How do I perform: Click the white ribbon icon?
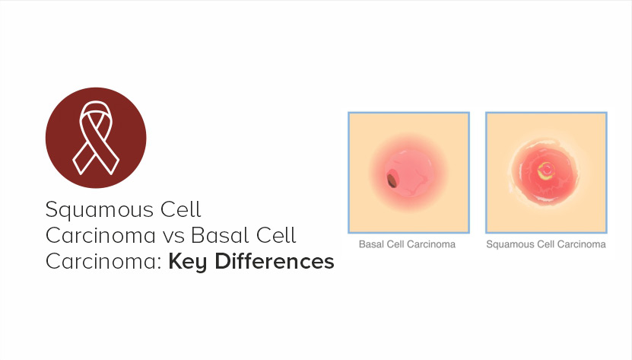click(x=96, y=137)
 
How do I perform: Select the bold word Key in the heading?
click(x=188, y=262)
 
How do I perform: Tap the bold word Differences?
click(x=274, y=261)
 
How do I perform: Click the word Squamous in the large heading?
click(x=100, y=211)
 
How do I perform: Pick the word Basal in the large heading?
click(x=218, y=235)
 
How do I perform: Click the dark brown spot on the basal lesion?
click(x=392, y=180)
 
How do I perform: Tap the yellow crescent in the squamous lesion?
click(x=545, y=173)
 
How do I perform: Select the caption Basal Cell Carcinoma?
click(x=407, y=244)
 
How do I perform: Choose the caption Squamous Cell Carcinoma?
click(x=546, y=244)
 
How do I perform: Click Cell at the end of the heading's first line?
click(x=180, y=209)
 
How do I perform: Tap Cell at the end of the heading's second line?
click(x=276, y=235)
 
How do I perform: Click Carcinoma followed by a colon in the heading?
click(x=103, y=262)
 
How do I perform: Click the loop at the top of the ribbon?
click(x=96, y=108)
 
